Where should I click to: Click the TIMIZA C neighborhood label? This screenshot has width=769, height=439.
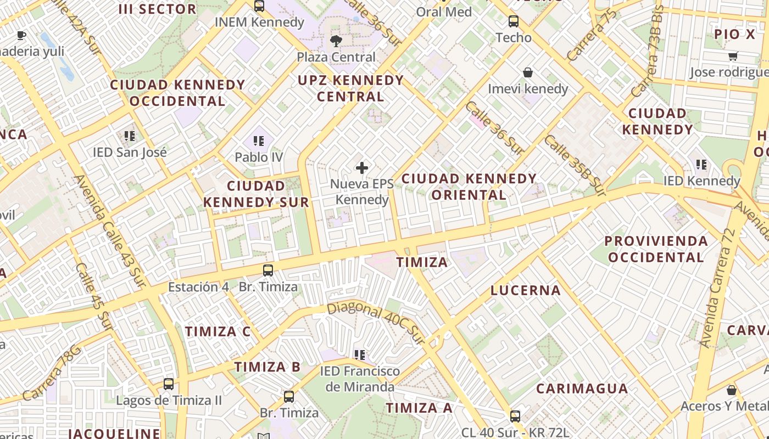tap(218, 331)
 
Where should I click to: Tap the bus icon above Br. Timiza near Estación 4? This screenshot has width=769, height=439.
tap(268, 270)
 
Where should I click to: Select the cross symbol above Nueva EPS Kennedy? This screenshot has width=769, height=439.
tap(362, 167)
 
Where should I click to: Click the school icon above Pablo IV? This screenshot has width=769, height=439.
tap(259, 141)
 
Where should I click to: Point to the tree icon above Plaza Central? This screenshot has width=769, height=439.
tap(336, 40)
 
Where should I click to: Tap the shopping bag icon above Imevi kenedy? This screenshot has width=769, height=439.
tap(528, 72)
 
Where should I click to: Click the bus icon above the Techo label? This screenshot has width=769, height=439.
tap(514, 21)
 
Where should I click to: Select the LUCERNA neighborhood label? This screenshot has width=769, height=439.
tap(525, 290)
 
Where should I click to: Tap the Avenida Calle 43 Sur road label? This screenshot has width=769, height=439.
tap(109, 231)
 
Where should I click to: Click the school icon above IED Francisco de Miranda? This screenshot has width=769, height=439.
tap(360, 355)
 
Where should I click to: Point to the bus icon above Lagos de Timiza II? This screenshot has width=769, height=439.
tap(169, 384)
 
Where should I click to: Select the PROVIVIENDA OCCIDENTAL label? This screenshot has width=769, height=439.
tap(656, 249)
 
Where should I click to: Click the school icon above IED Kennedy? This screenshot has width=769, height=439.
tap(701, 164)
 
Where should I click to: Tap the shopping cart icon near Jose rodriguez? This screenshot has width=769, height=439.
tap(733, 56)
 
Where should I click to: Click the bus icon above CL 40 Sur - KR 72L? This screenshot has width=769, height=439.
tap(515, 416)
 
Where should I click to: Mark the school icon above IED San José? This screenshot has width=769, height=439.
tap(130, 136)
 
